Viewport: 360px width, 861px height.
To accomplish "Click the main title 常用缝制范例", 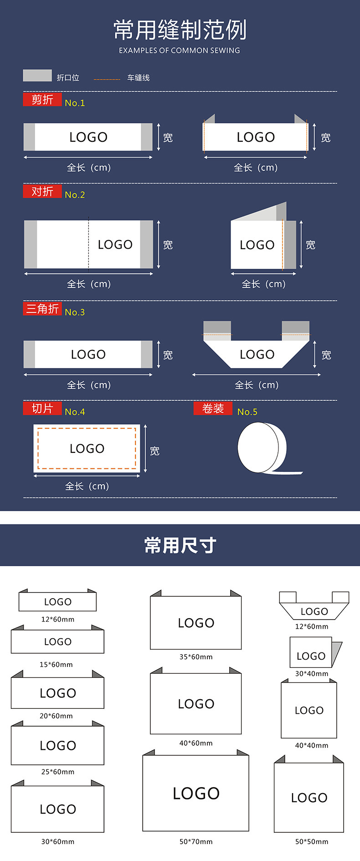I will [180, 30].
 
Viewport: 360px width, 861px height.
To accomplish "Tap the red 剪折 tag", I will [42, 99].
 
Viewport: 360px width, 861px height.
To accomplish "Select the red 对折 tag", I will [42, 191].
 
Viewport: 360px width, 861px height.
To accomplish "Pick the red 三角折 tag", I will [42, 309].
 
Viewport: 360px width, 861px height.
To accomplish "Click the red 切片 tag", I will [42, 409].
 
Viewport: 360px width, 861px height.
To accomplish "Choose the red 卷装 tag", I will [213, 409].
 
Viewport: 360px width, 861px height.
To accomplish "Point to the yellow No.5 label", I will [247, 412].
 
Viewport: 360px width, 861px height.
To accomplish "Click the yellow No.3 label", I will [75, 312].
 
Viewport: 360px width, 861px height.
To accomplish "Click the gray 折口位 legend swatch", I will [37, 76].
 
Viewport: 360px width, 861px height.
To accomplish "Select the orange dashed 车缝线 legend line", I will [107, 79].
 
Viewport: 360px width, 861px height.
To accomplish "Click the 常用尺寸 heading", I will [180, 545].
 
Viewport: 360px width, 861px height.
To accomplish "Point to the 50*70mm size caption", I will [196, 841].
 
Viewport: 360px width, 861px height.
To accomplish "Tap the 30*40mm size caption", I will [312, 673].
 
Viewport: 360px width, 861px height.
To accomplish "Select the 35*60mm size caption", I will [196, 656].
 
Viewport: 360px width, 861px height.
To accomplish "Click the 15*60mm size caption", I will [56, 664].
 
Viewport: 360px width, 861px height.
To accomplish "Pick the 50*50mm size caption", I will [312, 841].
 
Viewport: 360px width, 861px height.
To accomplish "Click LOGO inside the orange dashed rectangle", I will [87, 449].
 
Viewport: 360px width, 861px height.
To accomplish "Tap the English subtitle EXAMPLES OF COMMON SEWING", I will [180, 51].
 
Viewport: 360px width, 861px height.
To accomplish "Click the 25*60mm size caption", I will [58, 772].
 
